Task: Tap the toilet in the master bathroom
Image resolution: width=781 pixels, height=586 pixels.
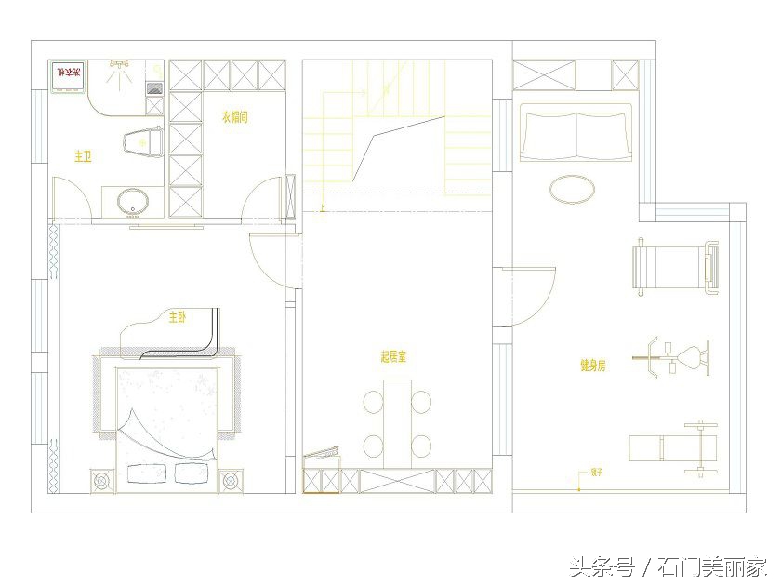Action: [x=144, y=141]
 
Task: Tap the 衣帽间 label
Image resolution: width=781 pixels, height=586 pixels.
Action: [x=234, y=117]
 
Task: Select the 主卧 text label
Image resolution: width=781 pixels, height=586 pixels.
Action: [x=177, y=317]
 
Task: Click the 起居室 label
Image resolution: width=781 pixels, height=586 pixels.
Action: [x=393, y=356]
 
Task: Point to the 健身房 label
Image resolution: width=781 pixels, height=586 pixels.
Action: [x=592, y=366]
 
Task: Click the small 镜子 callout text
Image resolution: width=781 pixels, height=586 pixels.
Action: [x=596, y=472]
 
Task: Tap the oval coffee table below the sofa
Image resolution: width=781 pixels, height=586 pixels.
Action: [x=573, y=190]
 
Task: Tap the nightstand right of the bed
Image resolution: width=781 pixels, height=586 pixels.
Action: [x=232, y=480]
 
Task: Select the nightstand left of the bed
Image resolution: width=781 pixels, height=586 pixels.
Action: [x=102, y=481]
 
